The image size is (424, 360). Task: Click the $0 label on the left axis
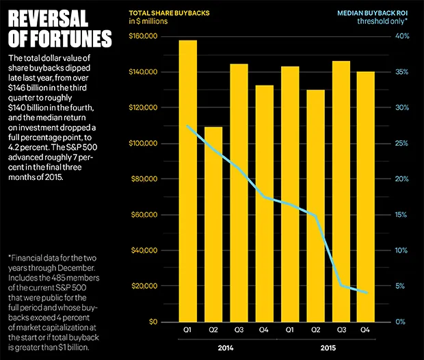[154, 322]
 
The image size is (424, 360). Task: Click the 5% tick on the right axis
[403, 286]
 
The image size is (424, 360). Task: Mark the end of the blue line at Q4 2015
[367, 293]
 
